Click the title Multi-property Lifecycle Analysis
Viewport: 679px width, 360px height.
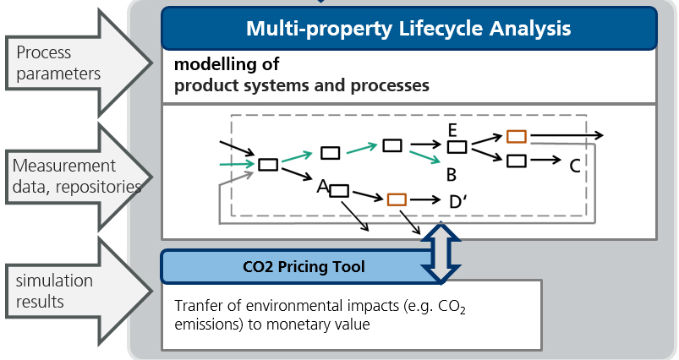(408, 29)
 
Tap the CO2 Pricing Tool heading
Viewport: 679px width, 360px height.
(304, 266)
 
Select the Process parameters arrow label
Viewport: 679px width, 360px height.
(58, 63)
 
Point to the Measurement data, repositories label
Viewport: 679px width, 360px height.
(77, 176)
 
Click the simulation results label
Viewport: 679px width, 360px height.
(54, 291)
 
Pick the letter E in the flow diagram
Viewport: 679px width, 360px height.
(452, 130)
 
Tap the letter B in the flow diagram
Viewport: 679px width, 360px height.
(452, 175)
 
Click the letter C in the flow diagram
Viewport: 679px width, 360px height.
(575, 166)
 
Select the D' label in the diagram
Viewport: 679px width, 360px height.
(458, 202)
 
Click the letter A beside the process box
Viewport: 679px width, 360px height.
(323, 187)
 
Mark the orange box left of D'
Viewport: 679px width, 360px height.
(397, 199)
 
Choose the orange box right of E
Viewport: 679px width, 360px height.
(517, 137)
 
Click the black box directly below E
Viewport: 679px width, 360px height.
(457, 147)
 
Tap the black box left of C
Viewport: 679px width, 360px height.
(517, 161)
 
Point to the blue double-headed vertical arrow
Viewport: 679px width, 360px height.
(441, 253)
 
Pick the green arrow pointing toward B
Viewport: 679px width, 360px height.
(425, 156)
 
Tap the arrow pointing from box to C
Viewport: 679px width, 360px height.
(545, 161)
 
